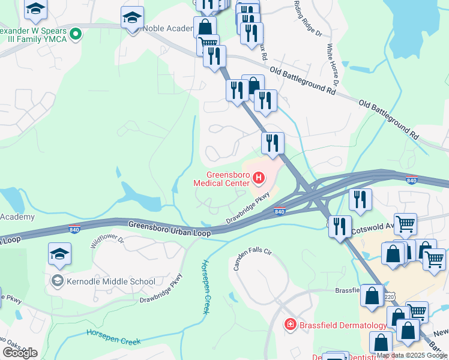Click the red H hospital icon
pos(259,178)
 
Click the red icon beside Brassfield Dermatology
pos(290,325)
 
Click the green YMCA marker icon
pos(75,35)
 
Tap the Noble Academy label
pos(170,28)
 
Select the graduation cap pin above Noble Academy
pos(132,18)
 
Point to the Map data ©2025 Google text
pos(412,355)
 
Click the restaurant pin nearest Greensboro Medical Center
pos(273,143)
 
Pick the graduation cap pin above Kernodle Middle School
pos(60,255)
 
